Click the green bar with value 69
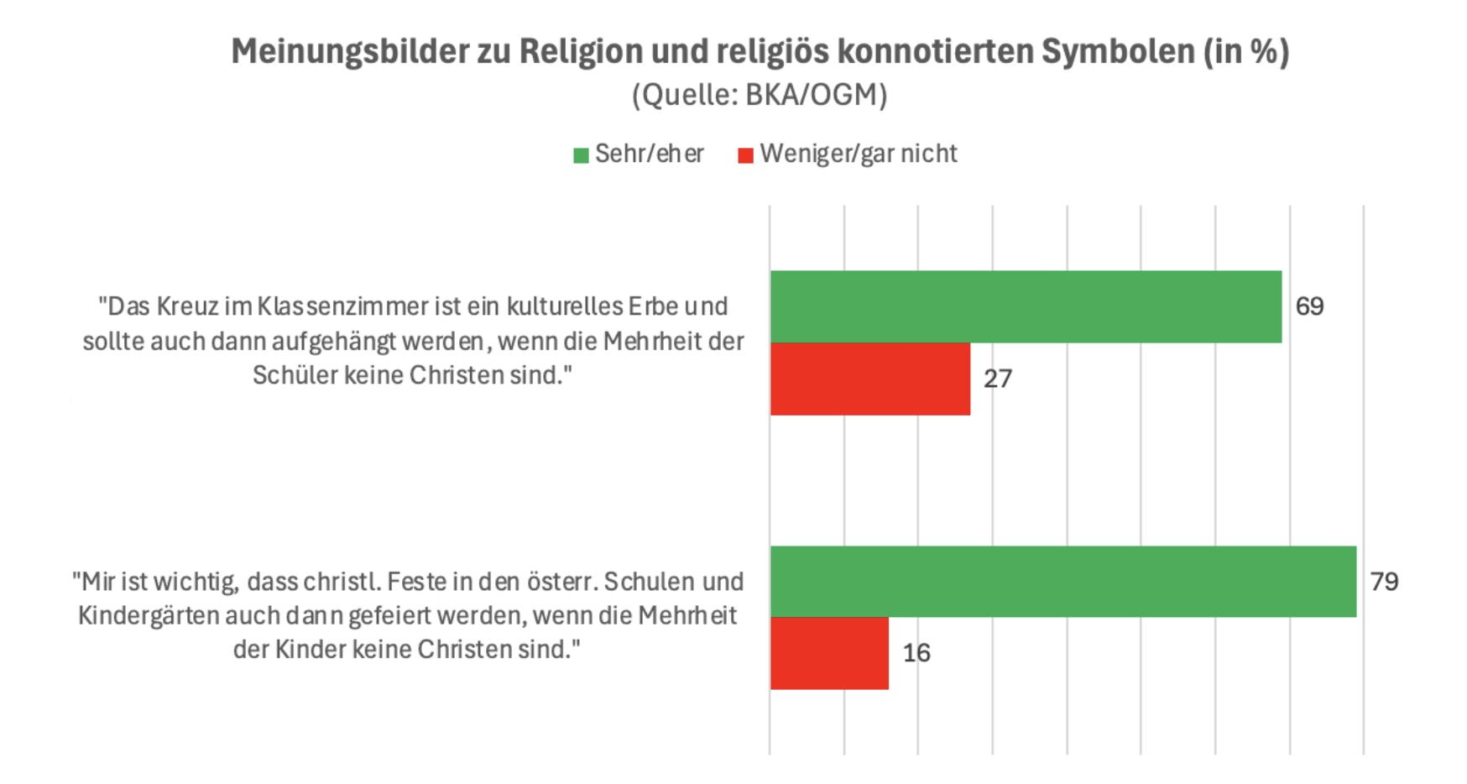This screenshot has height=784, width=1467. (x=1026, y=306)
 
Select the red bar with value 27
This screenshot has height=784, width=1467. (x=870, y=379)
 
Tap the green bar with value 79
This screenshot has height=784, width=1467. (x=1063, y=582)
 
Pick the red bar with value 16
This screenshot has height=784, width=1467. (x=829, y=653)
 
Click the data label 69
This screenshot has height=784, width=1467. (x=1309, y=306)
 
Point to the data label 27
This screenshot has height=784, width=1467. (x=998, y=379)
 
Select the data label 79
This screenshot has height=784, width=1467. (x=1384, y=582)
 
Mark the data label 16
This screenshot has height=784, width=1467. (x=916, y=653)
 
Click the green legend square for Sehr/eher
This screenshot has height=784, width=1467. (x=581, y=155)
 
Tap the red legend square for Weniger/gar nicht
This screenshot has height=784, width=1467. (x=745, y=155)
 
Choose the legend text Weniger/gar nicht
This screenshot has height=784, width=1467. (x=859, y=154)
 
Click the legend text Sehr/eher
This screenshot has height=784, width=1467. (x=649, y=154)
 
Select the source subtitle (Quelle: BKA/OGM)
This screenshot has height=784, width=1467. (x=760, y=95)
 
